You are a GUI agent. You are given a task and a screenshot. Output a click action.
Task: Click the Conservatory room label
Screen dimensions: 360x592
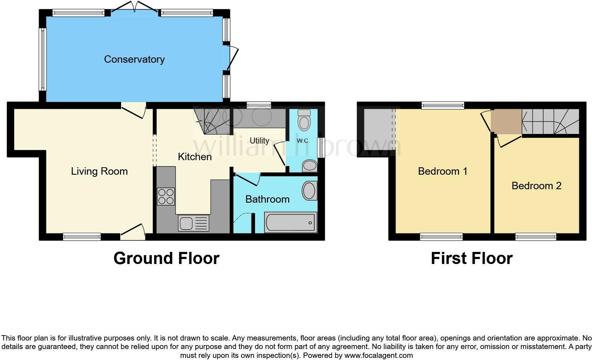134,59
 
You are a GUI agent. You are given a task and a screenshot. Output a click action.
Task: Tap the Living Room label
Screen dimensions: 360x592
99,171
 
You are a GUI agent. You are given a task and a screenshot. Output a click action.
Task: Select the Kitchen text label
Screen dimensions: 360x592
194,157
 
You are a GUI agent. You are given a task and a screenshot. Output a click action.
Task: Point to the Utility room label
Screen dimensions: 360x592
259,141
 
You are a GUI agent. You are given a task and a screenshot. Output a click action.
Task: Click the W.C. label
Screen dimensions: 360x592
303,141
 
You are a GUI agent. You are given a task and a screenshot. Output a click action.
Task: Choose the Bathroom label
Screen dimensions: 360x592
267,199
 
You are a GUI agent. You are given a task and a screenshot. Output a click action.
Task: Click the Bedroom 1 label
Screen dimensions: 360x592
443,171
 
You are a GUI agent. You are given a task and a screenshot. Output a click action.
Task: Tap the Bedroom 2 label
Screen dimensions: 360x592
536,186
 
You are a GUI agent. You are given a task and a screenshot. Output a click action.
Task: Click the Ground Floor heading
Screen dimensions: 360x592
166,258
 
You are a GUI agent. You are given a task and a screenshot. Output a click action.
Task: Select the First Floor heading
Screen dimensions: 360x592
472,258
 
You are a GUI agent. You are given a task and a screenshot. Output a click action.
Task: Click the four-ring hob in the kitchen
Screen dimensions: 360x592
166,196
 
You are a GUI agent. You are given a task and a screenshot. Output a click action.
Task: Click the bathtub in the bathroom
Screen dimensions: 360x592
290,223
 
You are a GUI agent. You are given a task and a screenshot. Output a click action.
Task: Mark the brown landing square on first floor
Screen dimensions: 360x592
508,122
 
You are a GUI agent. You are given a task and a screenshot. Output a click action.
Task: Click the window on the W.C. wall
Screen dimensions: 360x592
321,147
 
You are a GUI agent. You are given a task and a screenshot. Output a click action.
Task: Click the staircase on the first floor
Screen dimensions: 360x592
550,122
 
